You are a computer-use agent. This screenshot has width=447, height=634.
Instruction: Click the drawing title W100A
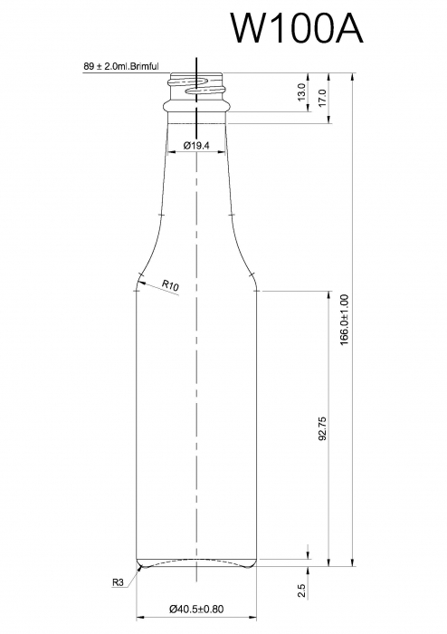click(296, 28)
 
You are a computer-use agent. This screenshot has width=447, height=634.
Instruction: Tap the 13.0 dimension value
click(300, 91)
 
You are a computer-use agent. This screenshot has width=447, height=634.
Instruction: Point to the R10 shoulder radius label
click(170, 285)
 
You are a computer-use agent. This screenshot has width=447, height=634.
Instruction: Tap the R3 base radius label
click(118, 582)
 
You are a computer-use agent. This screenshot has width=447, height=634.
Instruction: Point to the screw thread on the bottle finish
click(197, 87)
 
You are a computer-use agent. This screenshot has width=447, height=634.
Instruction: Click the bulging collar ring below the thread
click(196, 107)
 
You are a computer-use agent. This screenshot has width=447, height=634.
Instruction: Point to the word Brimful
click(144, 66)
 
